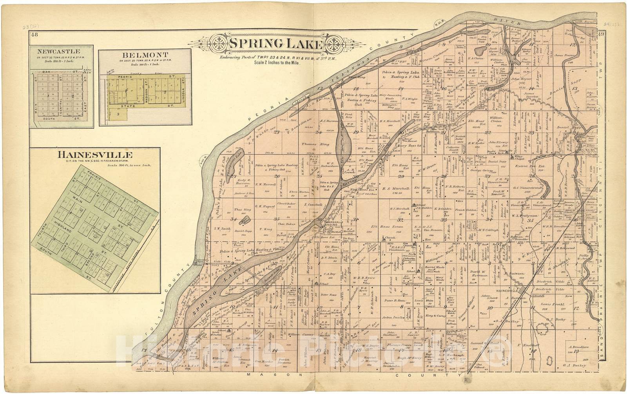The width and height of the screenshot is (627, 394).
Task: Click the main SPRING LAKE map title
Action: (x=276, y=44)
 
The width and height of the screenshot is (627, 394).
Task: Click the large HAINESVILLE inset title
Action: (x=95, y=155)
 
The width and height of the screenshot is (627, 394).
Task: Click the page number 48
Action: (x=34, y=35)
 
